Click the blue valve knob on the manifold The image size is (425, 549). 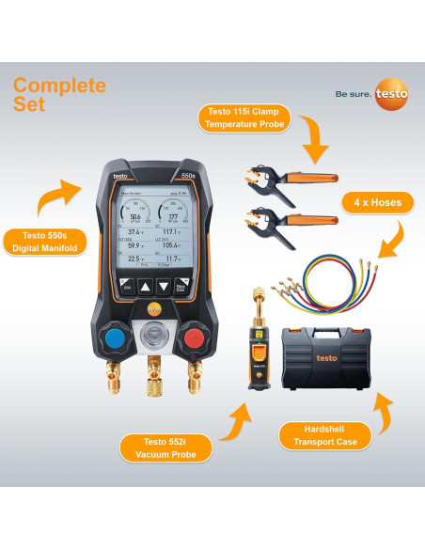pyautogui.click(x=118, y=337)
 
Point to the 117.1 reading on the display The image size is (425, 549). pyautogui.click(x=169, y=231)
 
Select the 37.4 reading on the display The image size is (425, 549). pyautogui.click(x=135, y=231)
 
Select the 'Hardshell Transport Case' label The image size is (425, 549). pyautogui.click(x=324, y=435)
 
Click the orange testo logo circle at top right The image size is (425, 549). pyautogui.click(x=391, y=93)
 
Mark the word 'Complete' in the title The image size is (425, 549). pyautogui.click(x=59, y=86)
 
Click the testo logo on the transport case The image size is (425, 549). pyautogui.click(x=326, y=357)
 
